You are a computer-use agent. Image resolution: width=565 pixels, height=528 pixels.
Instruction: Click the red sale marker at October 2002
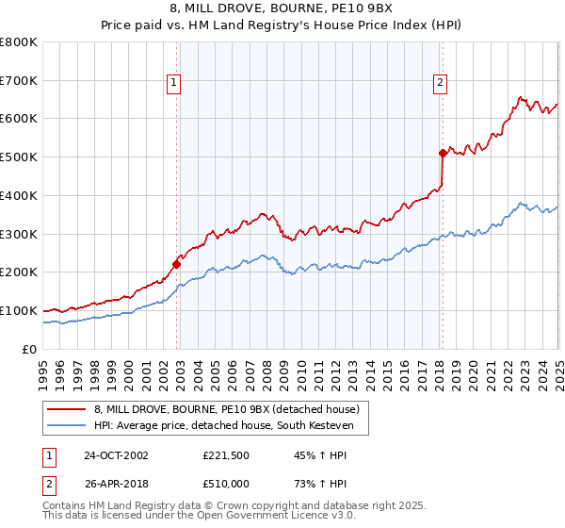[177, 264]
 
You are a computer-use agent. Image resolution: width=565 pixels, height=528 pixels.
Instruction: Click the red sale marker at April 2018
[443, 152]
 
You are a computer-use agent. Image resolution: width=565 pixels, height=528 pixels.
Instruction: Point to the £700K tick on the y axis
[19, 80]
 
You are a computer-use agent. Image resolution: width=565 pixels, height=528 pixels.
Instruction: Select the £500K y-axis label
[19, 157]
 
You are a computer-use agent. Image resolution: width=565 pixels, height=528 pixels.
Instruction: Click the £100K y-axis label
[19, 310]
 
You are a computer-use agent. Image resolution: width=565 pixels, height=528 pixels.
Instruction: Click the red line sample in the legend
[67, 410]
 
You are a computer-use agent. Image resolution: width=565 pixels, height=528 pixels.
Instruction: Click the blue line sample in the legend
[67, 426]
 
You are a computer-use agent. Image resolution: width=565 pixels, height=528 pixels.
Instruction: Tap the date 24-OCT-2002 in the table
[116, 456]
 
